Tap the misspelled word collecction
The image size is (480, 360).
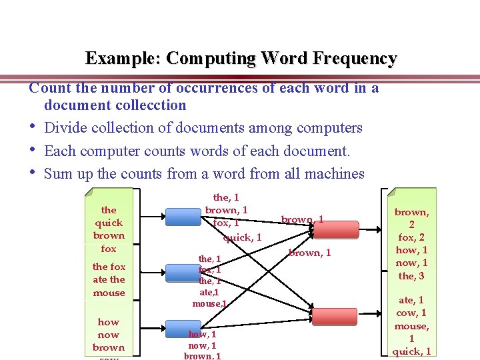(x=153, y=105)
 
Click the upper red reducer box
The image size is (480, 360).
(x=335, y=227)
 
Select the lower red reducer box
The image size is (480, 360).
(x=335, y=316)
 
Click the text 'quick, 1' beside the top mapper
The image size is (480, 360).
(x=242, y=237)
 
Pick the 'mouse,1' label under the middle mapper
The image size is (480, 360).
(x=209, y=304)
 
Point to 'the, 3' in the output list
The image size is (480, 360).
(x=412, y=276)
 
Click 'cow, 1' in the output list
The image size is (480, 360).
(x=412, y=313)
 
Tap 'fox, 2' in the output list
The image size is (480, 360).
(x=412, y=237)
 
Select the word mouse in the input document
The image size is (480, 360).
(x=109, y=293)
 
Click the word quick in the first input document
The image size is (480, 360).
(x=109, y=223)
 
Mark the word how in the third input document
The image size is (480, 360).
(x=109, y=322)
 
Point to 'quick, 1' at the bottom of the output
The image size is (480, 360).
(x=412, y=351)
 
